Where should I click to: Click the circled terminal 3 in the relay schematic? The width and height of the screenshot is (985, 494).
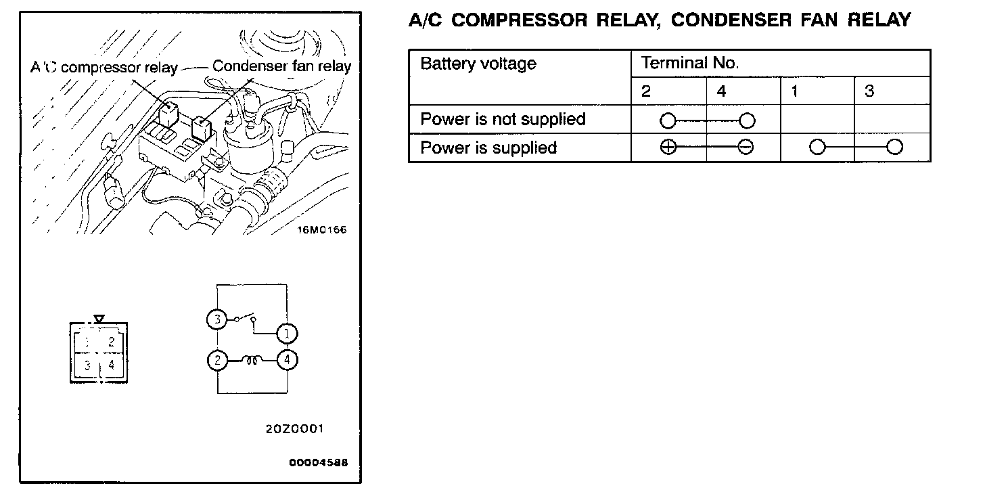tap(216, 319)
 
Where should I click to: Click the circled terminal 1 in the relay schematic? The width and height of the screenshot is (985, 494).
tap(287, 333)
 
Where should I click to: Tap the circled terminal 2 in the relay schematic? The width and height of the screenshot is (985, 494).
tap(216, 361)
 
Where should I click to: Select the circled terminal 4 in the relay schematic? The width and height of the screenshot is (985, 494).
tap(288, 361)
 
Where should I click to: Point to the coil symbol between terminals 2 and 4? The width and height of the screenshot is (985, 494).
tap(252, 361)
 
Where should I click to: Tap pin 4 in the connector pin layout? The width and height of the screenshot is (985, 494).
tap(111, 365)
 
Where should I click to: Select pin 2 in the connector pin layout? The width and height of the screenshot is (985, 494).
tap(111, 342)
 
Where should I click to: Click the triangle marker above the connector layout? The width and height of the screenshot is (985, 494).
tap(99, 317)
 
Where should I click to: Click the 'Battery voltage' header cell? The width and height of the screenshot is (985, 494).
tap(478, 64)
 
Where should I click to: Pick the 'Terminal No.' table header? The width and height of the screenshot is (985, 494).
tap(689, 64)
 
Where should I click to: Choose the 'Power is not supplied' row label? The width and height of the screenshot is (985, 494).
tap(503, 120)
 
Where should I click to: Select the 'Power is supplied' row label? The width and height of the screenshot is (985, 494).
tap(488, 148)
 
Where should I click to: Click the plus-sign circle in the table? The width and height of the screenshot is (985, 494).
tap(668, 148)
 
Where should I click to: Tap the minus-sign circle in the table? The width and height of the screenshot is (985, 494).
tap(746, 148)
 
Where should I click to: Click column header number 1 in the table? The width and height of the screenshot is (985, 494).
tap(794, 91)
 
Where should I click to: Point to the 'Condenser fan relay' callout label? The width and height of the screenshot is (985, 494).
tap(281, 66)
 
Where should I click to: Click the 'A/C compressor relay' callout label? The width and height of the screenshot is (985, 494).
tap(104, 68)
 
